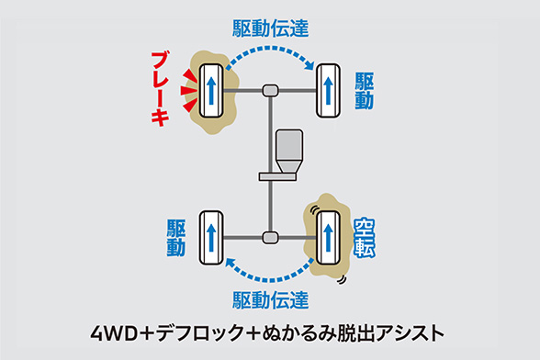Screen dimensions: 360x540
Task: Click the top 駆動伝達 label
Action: coord(269,29)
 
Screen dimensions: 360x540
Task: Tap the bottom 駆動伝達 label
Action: coord(269,298)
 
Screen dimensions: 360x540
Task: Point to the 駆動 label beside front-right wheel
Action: coord(365,89)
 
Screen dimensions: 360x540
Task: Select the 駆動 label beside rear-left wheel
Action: coord(176,236)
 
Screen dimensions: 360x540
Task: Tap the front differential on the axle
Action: coord(270,90)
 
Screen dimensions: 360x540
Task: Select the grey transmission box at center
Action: coord(287,148)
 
